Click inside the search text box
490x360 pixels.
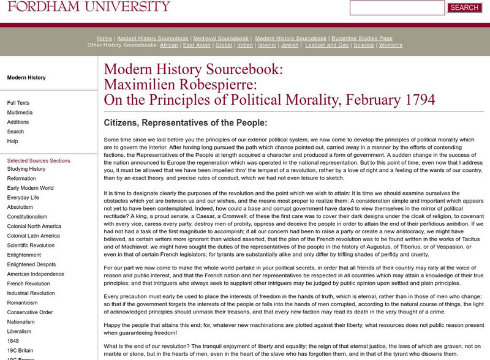click(x=397, y=8)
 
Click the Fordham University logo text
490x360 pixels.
click(x=85, y=7)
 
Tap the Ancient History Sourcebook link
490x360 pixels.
click(x=153, y=38)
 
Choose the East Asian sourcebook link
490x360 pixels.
click(x=197, y=45)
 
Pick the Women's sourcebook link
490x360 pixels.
click(x=391, y=45)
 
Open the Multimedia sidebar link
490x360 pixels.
click(x=20, y=113)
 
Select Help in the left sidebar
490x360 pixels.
click(x=12, y=141)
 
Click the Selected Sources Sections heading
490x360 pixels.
click(x=39, y=160)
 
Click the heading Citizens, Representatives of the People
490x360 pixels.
click(x=186, y=122)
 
